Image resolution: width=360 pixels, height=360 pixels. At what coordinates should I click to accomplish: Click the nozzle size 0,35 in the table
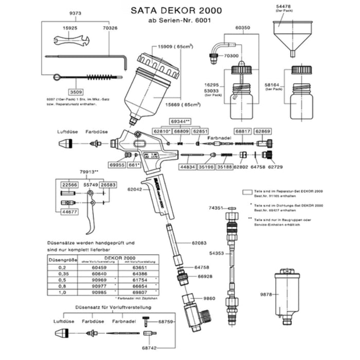[x=62, y=274]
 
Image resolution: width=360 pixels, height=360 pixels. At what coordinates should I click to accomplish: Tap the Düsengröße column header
[x=62, y=260]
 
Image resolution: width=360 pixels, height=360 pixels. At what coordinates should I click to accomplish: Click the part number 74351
[x=215, y=208]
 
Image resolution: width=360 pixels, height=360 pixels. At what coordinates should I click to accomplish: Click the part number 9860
[x=209, y=298]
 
